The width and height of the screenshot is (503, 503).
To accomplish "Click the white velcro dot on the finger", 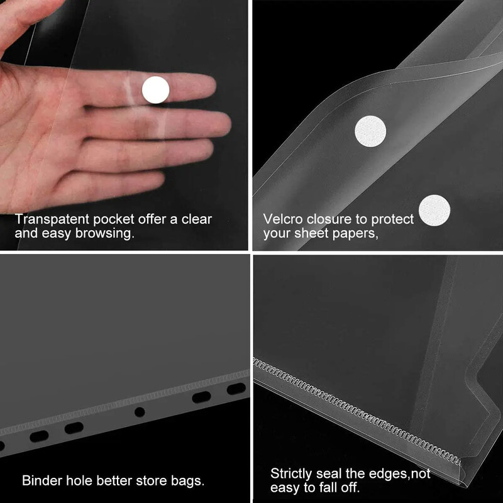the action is click(155, 90).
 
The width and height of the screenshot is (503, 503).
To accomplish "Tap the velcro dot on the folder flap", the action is click(370, 131).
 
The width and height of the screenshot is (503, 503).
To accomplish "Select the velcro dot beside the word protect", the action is click(434, 210).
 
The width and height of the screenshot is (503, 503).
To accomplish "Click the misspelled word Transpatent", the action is click(52, 219).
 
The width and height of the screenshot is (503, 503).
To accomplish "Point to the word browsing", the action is click(104, 233).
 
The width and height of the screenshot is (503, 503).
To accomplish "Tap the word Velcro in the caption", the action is click(282, 219).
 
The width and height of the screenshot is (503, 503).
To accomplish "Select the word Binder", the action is click(42, 480).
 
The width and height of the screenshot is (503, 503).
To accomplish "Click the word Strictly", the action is click(291, 473).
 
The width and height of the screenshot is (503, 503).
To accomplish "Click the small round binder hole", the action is click(139, 412).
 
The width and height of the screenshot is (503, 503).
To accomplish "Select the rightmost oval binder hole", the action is click(236, 389).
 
